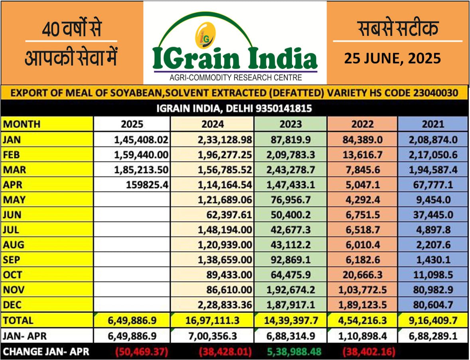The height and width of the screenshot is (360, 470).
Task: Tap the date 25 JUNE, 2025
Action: tap(393, 59)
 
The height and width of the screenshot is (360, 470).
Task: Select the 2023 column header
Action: tap(290, 124)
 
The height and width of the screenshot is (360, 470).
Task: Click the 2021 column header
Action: tap(433, 124)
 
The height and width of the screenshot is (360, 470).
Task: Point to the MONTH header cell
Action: tap(22, 124)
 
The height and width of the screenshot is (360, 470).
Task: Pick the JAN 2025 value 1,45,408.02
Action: tap(141, 139)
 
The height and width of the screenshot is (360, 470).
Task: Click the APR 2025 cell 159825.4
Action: tap(148, 185)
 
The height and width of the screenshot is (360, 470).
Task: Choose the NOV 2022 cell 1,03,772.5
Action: tap(362, 290)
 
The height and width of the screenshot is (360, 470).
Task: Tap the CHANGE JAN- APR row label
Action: tap(46, 352)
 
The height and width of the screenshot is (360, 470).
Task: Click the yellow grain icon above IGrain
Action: tap(205, 36)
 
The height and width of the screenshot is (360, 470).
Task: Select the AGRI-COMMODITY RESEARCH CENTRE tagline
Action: tap(235, 77)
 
